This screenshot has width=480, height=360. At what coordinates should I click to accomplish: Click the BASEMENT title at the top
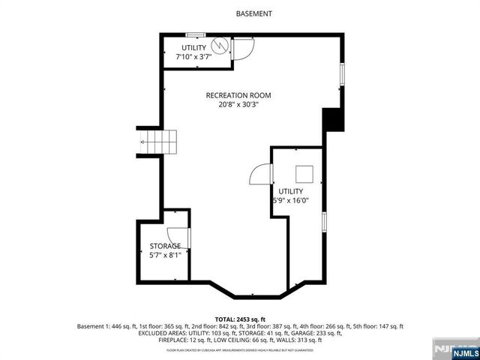tap(253, 13)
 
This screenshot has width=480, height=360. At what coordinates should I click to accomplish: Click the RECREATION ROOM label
tap(238, 95)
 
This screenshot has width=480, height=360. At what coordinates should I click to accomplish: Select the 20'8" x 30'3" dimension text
tap(238, 106)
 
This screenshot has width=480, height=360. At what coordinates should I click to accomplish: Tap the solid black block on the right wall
tap(331, 121)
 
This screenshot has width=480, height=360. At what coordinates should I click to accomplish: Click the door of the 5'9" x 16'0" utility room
tap(259, 175)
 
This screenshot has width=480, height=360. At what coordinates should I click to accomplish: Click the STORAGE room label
tap(164, 246)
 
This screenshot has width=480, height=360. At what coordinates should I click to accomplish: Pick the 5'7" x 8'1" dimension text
tap(164, 256)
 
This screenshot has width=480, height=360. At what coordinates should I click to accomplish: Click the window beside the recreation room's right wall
tap(343, 75)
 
